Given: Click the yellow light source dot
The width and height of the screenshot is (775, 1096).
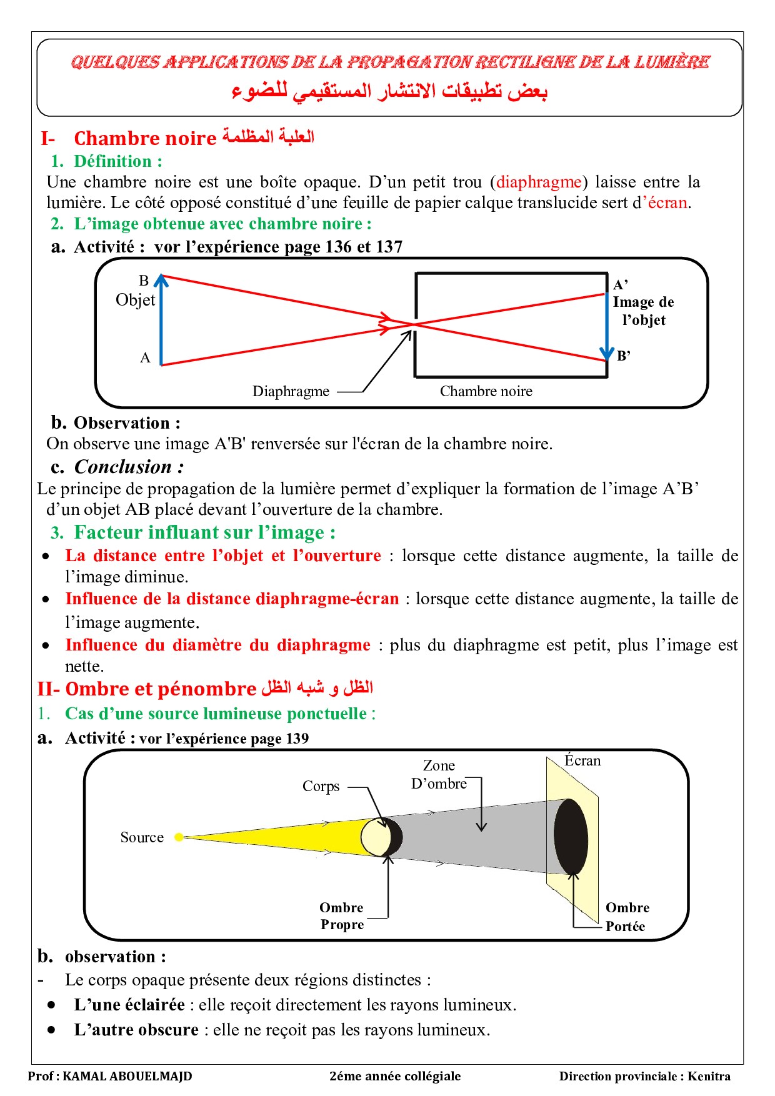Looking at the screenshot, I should pyautogui.click(x=179, y=837).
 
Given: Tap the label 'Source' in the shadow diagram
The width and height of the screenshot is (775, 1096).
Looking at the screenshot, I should pyautogui.click(x=142, y=837).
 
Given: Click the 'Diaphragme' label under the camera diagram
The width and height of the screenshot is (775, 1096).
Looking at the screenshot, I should pyautogui.click(x=291, y=391).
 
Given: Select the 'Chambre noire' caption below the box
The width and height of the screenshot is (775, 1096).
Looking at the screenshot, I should pyautogui.click(x=486, y=391).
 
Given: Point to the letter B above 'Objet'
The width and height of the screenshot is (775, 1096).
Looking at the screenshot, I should pyautogui.click(x=144, y=281).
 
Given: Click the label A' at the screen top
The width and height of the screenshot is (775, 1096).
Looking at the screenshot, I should pyautogui.click(x=620, y=285).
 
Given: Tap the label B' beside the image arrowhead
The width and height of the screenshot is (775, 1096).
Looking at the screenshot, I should pyautogui.click(x=623, y=356).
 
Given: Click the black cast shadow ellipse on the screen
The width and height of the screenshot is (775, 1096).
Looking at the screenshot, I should pyautogui.click(x=571, y=836).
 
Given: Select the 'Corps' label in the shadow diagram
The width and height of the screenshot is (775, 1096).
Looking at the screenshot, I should pyautogui.click(x=321, y=786).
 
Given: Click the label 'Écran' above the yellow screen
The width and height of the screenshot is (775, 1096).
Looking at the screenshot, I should pyautogui.click(x=582, y=760).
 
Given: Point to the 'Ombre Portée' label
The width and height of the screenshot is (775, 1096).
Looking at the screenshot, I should pyautogui.click(x=627, y=917).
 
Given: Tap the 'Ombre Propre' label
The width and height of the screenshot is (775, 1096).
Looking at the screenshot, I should pyautogui.click(x=342, y=916).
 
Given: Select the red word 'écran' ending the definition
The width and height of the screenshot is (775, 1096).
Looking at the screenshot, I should pyautogui.click(x=667, y=202).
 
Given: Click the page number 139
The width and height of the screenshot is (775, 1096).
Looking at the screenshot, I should pyautogui.click(x=297, y=739).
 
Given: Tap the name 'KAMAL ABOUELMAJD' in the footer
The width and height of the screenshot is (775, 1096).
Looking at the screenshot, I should pyautogui.click(x=127, y=1076).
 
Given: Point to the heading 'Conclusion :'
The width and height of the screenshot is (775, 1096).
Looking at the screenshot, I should pyautogui.click(x=129, y=467).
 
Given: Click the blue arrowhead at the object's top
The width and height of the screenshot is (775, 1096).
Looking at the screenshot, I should pyautogui.click(x=161, y=279).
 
